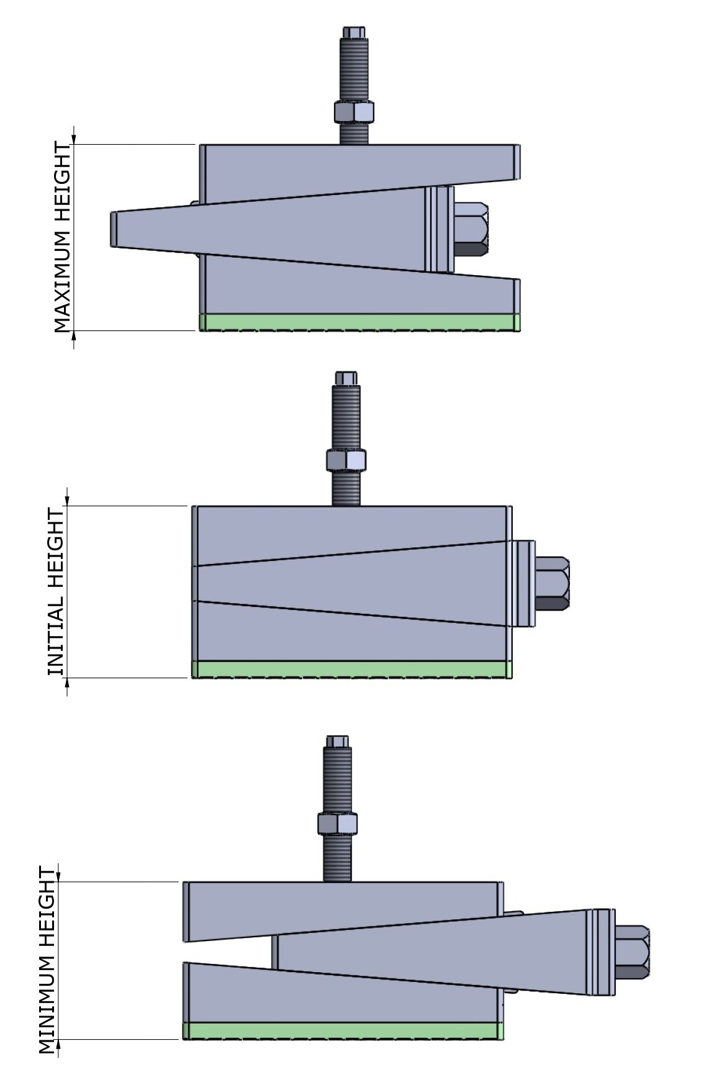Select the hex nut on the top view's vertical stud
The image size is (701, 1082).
pyautogui.click(x=354, y=112)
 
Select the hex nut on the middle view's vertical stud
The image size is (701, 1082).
pyautogui.click(x=346, y=460)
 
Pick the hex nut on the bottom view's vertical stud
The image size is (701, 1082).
pyautogui.click(x=337, y=823)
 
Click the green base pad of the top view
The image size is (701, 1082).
pyautogui.click(x=359, y=322)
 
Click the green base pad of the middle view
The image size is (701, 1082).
pyautogui.click(x=351, y=669)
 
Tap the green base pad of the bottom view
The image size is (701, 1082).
pyautogui.click(x=343, y=1030)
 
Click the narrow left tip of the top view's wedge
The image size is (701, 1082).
pyautogui.click(x=115, y=229)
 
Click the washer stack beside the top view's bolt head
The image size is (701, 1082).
pyautogui.click(x=440, y=229)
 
